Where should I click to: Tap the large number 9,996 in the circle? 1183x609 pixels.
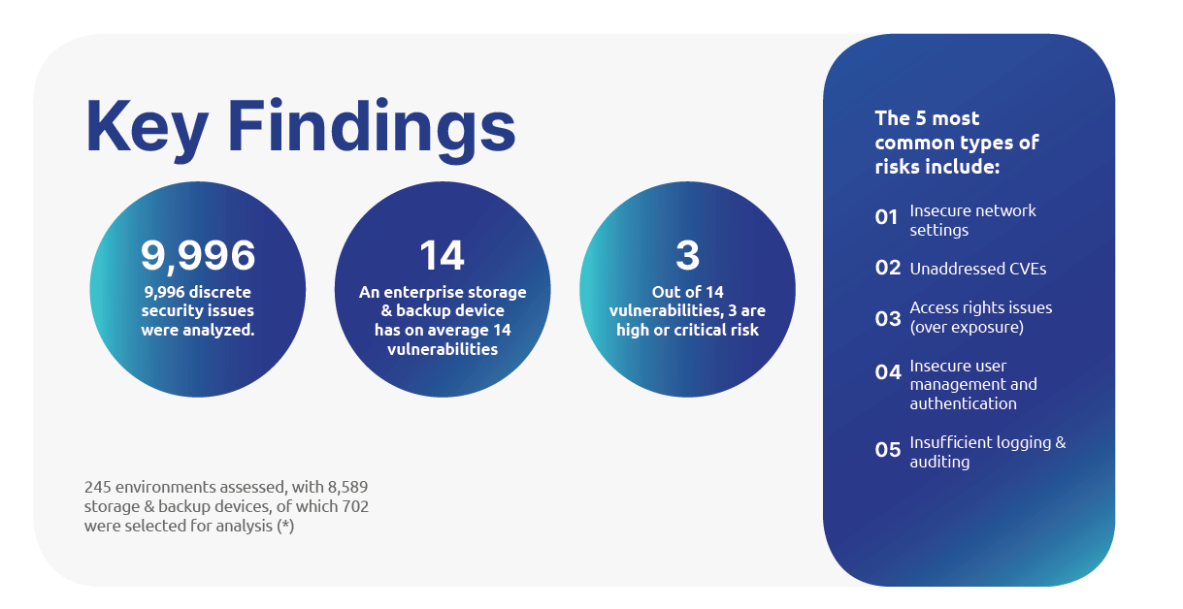[198, 256]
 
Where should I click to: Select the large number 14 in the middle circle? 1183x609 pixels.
[442, 255]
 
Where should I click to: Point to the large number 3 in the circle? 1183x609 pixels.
[687, 255]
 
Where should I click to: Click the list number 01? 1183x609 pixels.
[886, 217]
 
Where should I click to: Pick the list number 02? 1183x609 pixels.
[888, 268]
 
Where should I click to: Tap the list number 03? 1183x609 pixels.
[888, 319]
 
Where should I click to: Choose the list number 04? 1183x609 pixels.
[888, 372]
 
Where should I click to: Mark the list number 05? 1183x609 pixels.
[888, 450]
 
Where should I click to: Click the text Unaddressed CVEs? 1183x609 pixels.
[977, 269]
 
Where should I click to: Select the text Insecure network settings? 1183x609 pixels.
[972, 220]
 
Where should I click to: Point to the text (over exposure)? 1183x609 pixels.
[967, 327]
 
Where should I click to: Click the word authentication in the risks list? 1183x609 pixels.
[963, 403]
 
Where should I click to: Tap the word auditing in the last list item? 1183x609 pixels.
[939, 462]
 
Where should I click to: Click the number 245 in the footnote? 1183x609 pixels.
[97, 487]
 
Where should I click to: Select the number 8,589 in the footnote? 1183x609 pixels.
[347, 487]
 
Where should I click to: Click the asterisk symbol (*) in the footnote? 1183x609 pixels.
[285, 527]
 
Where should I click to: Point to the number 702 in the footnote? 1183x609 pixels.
[355, 506]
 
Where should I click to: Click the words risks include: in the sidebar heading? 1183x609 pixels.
[937, 167]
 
